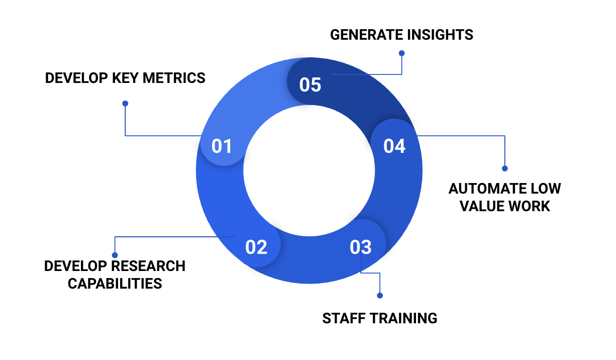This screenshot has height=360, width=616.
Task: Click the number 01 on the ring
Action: [222, 146]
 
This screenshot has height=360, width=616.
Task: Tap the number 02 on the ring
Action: [256, 247]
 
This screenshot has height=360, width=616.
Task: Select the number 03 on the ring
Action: [361, 247]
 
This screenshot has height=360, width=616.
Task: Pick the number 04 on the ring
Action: [394, 146]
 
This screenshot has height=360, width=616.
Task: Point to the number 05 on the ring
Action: [310, 84]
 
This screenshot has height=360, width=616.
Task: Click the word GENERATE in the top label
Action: [366, 35]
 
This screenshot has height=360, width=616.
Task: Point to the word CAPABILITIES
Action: [115, 283]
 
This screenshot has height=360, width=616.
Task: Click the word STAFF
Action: [343, 318]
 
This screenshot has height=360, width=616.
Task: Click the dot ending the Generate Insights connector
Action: [401, 53]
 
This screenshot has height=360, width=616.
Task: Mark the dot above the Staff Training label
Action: [380, 296]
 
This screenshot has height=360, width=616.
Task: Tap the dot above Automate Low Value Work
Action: [505, 168]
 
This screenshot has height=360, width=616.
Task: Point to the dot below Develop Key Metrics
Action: [125, 104]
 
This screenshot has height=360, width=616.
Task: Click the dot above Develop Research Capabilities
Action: [115, 255]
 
